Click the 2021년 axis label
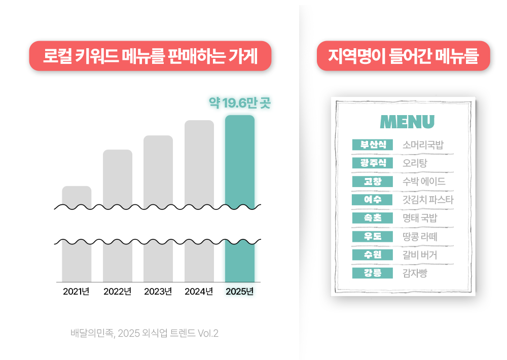coord(76,292)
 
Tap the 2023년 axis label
coord(158,292)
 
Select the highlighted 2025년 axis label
coord(239,292)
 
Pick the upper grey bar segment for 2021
coord(77,197)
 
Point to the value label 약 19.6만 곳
coord(240,103)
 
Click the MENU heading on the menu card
coord(407,122)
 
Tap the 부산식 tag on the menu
coord(373,145)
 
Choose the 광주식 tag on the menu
coord(373,163)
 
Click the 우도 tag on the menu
coord(373,236)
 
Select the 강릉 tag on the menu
coord(373,273)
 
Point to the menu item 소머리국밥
coord(423,145)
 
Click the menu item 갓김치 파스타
coord(428,200)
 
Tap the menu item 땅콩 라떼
coord(420,236)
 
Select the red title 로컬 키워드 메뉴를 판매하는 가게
coord(151,56)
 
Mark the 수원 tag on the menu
coord(373,255)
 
